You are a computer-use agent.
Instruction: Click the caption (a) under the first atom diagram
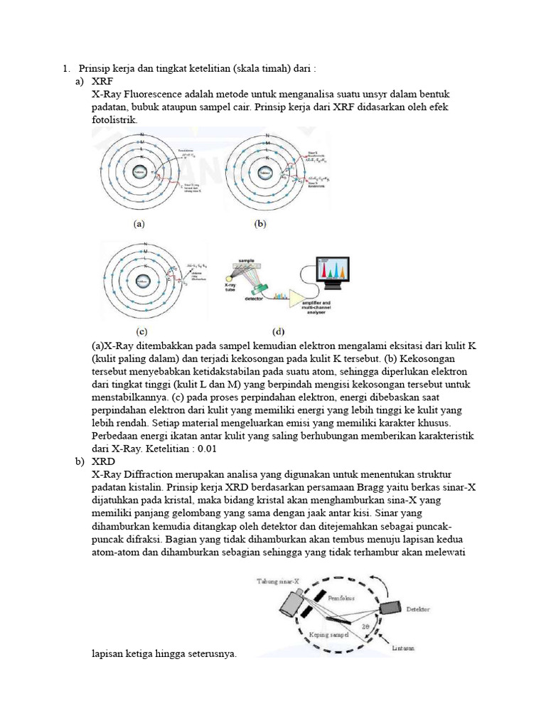pyautogui.click(x=139, y=223)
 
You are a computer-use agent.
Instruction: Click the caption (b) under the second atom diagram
pyautogui.click(x=260, y=223)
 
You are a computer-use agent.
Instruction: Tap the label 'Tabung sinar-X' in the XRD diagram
pyautogui.click(x=283, y=582)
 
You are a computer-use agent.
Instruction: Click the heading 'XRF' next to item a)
pyautogui.click(x=102, y=82)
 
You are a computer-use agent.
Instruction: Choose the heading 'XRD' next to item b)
pyautogui.click(x=103, y=461)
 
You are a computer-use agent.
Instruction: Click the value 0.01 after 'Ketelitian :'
pyautogui.click(x=206, y=449)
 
